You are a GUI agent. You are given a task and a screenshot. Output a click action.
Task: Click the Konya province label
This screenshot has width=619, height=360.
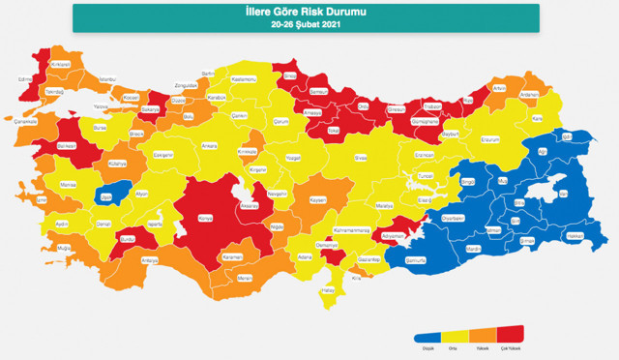pyautogui.click(x=204, y=217)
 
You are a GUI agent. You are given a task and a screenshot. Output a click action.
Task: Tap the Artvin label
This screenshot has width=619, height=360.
pyautogui.click(x=499, y=88)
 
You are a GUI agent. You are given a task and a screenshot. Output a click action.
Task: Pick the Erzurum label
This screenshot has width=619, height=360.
pyautogui.click(x=493, y=137)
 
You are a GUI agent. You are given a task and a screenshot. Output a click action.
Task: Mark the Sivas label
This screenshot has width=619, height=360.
pyautogui.click(x=360, y=155)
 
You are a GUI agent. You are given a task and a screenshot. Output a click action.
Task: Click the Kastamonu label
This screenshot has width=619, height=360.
pyautogui.click(x=244, y=78)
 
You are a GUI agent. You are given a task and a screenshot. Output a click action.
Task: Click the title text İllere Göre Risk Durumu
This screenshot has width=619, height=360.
pyautogui.click(x=307, y=12)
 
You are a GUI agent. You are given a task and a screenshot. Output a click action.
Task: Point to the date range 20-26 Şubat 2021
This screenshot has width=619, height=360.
pyautogui.click(x=307, y=24)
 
